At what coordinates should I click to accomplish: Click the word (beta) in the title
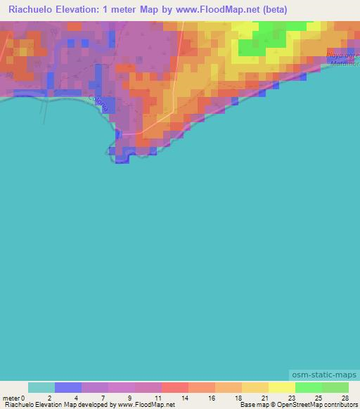coord(271,9)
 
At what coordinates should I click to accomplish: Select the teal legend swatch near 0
coord(41,387)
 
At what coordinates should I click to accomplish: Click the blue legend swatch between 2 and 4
coord(68,387)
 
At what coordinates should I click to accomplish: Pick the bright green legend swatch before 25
coord(308,387)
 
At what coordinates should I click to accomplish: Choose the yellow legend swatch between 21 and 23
coord(281,387)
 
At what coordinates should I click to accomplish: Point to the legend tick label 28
coord(345,397)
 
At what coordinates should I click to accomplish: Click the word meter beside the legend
coord(11,397)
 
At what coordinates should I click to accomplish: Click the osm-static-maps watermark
coord(324,375)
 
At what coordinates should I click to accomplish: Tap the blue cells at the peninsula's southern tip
coord(122,159)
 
